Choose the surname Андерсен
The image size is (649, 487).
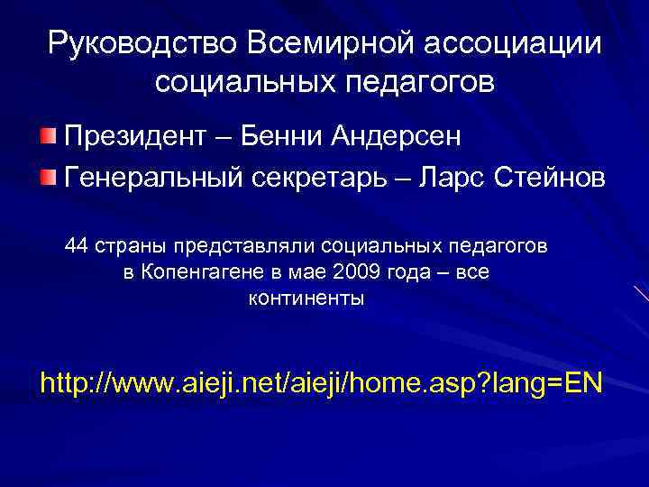[x=396, y=137]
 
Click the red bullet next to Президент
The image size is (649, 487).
[x=48, y=137]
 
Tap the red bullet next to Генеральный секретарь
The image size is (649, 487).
[x=48, y=175]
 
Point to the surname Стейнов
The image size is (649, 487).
[x=550, y=177]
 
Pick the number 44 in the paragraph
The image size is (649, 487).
[x=78, y=245]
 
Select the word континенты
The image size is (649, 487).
[x=306, y=299]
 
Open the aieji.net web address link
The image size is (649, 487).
[x=324, y=383]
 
